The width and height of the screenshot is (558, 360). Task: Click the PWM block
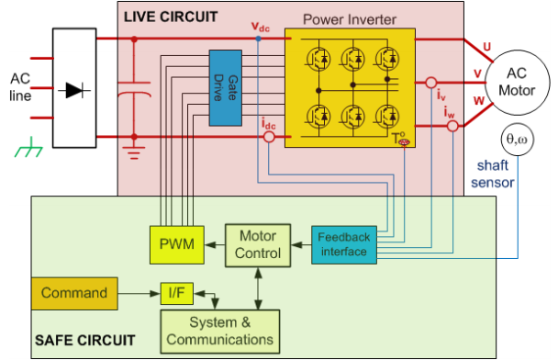(x=177, y=244)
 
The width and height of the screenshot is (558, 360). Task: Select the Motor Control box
(x=258, y=245)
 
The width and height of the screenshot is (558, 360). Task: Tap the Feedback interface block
(x=344, y=244)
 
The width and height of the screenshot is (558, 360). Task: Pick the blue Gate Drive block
(x=226, y=88)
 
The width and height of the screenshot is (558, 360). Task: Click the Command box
(x=74, y=293)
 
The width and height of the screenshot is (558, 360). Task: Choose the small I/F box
(x=177, y=293)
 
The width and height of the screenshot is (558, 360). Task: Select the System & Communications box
(x=220, y=332)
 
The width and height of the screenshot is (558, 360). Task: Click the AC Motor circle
(x=517, y=83)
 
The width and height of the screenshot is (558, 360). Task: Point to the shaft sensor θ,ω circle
(x=517, y=140)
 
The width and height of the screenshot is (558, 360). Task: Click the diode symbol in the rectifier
(x=74, y=90)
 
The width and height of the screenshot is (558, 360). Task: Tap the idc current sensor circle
(x=269, y=137)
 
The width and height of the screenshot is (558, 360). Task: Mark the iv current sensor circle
(x=431, y=83)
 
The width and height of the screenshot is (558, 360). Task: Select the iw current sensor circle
(x=452, y=126)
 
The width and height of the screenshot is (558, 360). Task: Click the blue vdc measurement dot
(x=259, y=39)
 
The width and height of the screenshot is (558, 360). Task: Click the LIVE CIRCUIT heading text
(x=171, y=17)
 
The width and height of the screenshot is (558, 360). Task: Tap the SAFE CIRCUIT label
(x=85, y=341)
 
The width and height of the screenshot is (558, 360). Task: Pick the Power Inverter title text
(x=350, y=19)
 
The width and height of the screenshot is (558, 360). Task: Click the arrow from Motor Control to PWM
(x=215, y=245)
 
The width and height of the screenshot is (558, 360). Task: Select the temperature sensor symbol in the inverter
(x=404, y=142)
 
